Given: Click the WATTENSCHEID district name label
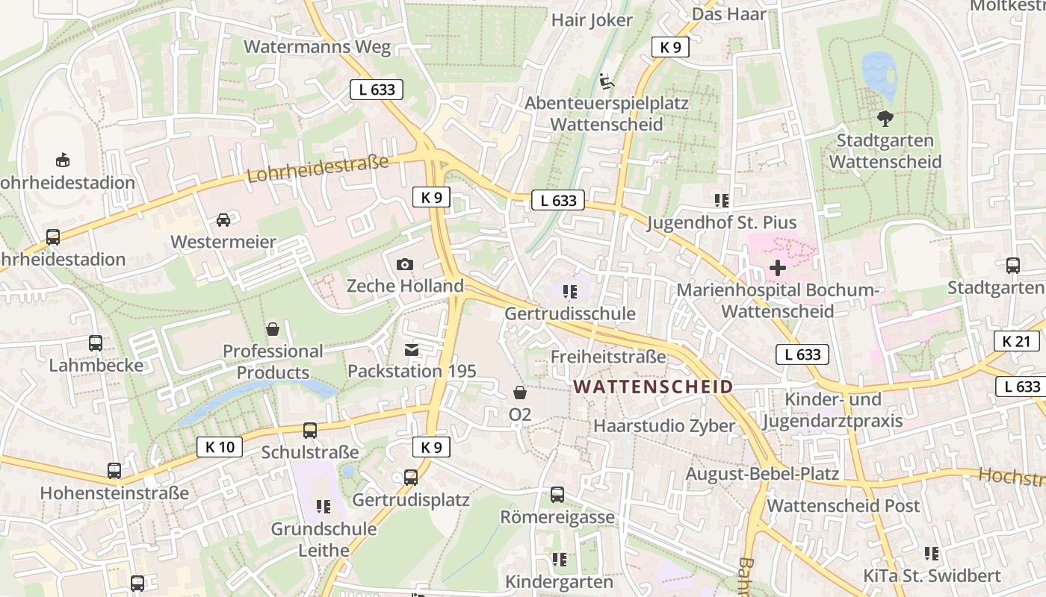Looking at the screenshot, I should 652,387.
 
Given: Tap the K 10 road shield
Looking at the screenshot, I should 220,447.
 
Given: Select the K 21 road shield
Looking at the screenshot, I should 1016,342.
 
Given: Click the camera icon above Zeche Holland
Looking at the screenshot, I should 405,265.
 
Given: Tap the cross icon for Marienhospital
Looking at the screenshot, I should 778,267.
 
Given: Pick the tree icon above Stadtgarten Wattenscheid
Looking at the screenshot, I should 885,118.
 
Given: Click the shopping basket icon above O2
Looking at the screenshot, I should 520,393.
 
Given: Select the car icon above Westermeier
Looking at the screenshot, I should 223,219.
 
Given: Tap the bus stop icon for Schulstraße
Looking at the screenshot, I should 310,431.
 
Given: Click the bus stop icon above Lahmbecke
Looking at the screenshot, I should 96,343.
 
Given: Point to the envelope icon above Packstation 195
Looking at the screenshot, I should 412,349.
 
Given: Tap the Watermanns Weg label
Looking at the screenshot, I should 317,47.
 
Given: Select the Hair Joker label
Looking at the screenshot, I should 592,20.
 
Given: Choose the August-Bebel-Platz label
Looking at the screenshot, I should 762,474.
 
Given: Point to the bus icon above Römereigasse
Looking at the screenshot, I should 557,494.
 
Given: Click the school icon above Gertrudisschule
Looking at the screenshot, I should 570,292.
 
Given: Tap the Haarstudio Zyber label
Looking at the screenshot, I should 664,426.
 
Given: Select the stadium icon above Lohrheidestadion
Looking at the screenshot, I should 63,160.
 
